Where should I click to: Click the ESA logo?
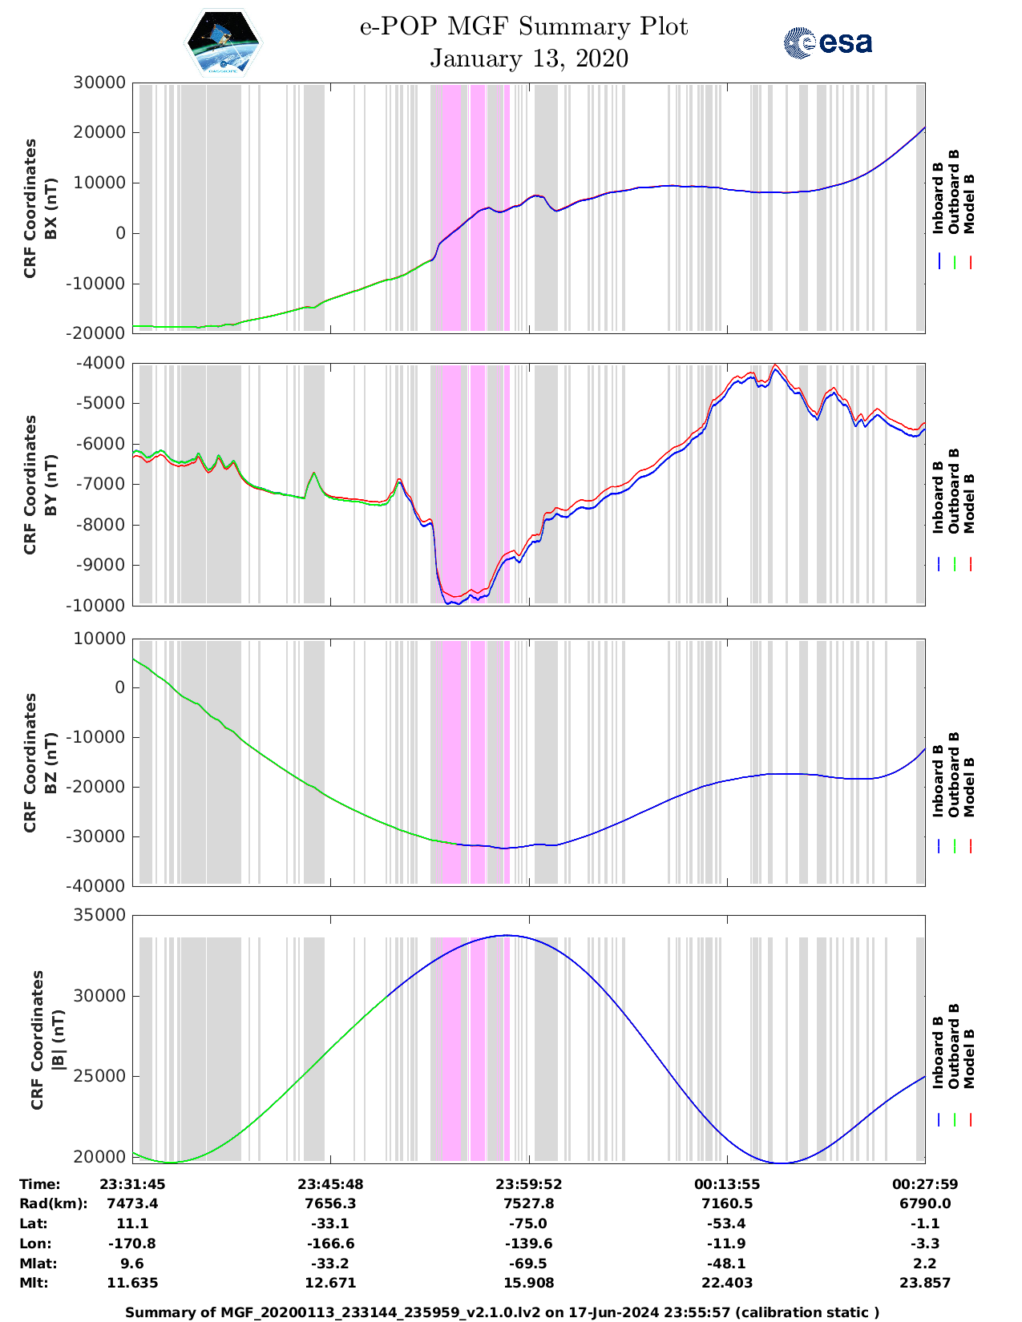pos(828,42)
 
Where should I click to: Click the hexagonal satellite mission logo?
pos(224,42)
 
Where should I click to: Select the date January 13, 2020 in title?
pos(529,58)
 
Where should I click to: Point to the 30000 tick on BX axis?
pos(99,83)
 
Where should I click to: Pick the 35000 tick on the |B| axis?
pos(99,915)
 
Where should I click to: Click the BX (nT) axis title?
pos(50,208)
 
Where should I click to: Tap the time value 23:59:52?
pos(528,1184)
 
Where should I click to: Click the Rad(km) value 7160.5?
pos(727,1203)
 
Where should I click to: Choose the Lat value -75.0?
pos(528,1223)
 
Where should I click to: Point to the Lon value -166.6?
pos(330,1243)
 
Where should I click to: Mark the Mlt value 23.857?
pos(925,1283)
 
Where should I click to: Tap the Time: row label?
pos(40,1184)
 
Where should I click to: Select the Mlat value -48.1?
pos(727,1264)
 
